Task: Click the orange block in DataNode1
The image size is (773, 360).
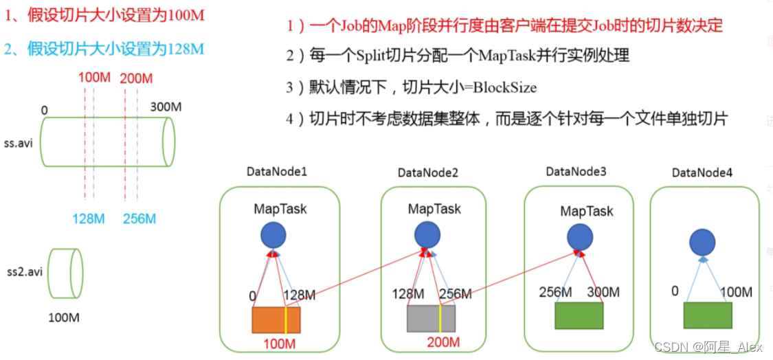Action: click(x=276, y=319)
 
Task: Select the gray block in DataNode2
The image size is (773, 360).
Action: click(x=431, y=319)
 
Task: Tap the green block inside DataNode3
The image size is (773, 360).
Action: click(x=579, y=315)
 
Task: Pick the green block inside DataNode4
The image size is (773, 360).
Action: click(x=707, y=315)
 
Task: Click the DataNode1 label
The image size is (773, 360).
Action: click(x=276, y=170)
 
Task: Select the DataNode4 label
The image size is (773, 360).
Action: click(x=702, y=172)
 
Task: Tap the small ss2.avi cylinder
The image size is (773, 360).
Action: click(x=67, y=272)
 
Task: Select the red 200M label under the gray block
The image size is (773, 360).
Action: click(x=443, y=341)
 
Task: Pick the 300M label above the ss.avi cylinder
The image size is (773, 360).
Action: click(x=166, y=107)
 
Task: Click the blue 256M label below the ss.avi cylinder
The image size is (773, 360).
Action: click(x=139, y=219)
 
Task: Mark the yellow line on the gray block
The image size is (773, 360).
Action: click(x=440, y=319)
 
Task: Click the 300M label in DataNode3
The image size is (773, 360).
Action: click(x=603, y=292)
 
